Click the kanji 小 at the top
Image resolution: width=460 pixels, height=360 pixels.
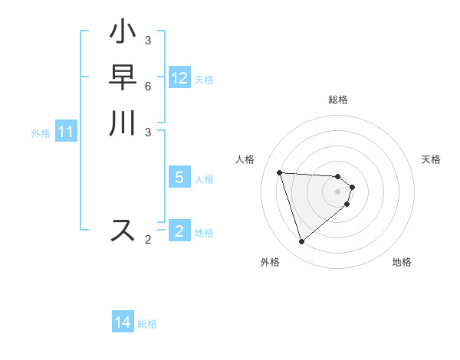tap(123, 34)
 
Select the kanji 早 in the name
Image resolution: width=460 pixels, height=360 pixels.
tap(123, 79)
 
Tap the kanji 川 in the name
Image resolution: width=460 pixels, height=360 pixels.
tap(123, 124)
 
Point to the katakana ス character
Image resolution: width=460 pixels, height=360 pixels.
tap(123, 230)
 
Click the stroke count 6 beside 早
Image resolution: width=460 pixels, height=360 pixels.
tap(147, 86)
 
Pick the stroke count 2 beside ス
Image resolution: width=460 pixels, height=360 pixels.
tap(148, 240)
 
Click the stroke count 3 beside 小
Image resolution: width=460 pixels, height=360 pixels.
tap(147, 40)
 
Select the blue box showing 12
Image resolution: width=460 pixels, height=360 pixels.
tap(179, 78)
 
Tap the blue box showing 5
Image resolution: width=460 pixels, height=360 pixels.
tap(179, 178)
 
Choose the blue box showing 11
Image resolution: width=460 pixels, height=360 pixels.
tap(66, 132)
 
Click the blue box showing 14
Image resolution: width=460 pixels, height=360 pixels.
tap(123, 322)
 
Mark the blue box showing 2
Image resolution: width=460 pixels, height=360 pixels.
tap(179, 231)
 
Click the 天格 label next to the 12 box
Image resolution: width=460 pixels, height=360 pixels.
tap(204, 80)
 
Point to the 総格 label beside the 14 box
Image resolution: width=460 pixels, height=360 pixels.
tap(147, 324)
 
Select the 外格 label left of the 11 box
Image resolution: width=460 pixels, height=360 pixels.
tap(41, 133)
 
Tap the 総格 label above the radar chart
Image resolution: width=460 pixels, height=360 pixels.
tap(338, 100)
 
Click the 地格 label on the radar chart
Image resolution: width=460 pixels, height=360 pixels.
tap(402, 262)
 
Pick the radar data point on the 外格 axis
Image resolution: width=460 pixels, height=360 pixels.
tap(301, 242)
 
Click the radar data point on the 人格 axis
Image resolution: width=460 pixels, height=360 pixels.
tap(280, 172)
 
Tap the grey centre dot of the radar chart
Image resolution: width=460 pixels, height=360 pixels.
tap(338, 191)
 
